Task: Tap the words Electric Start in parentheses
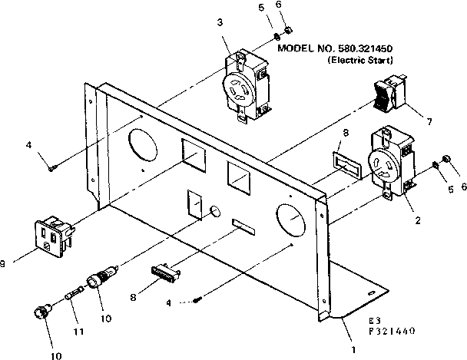[x=360, y=59]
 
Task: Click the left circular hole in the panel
[x=141, y=145]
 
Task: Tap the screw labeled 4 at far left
[x=51, y=167]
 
